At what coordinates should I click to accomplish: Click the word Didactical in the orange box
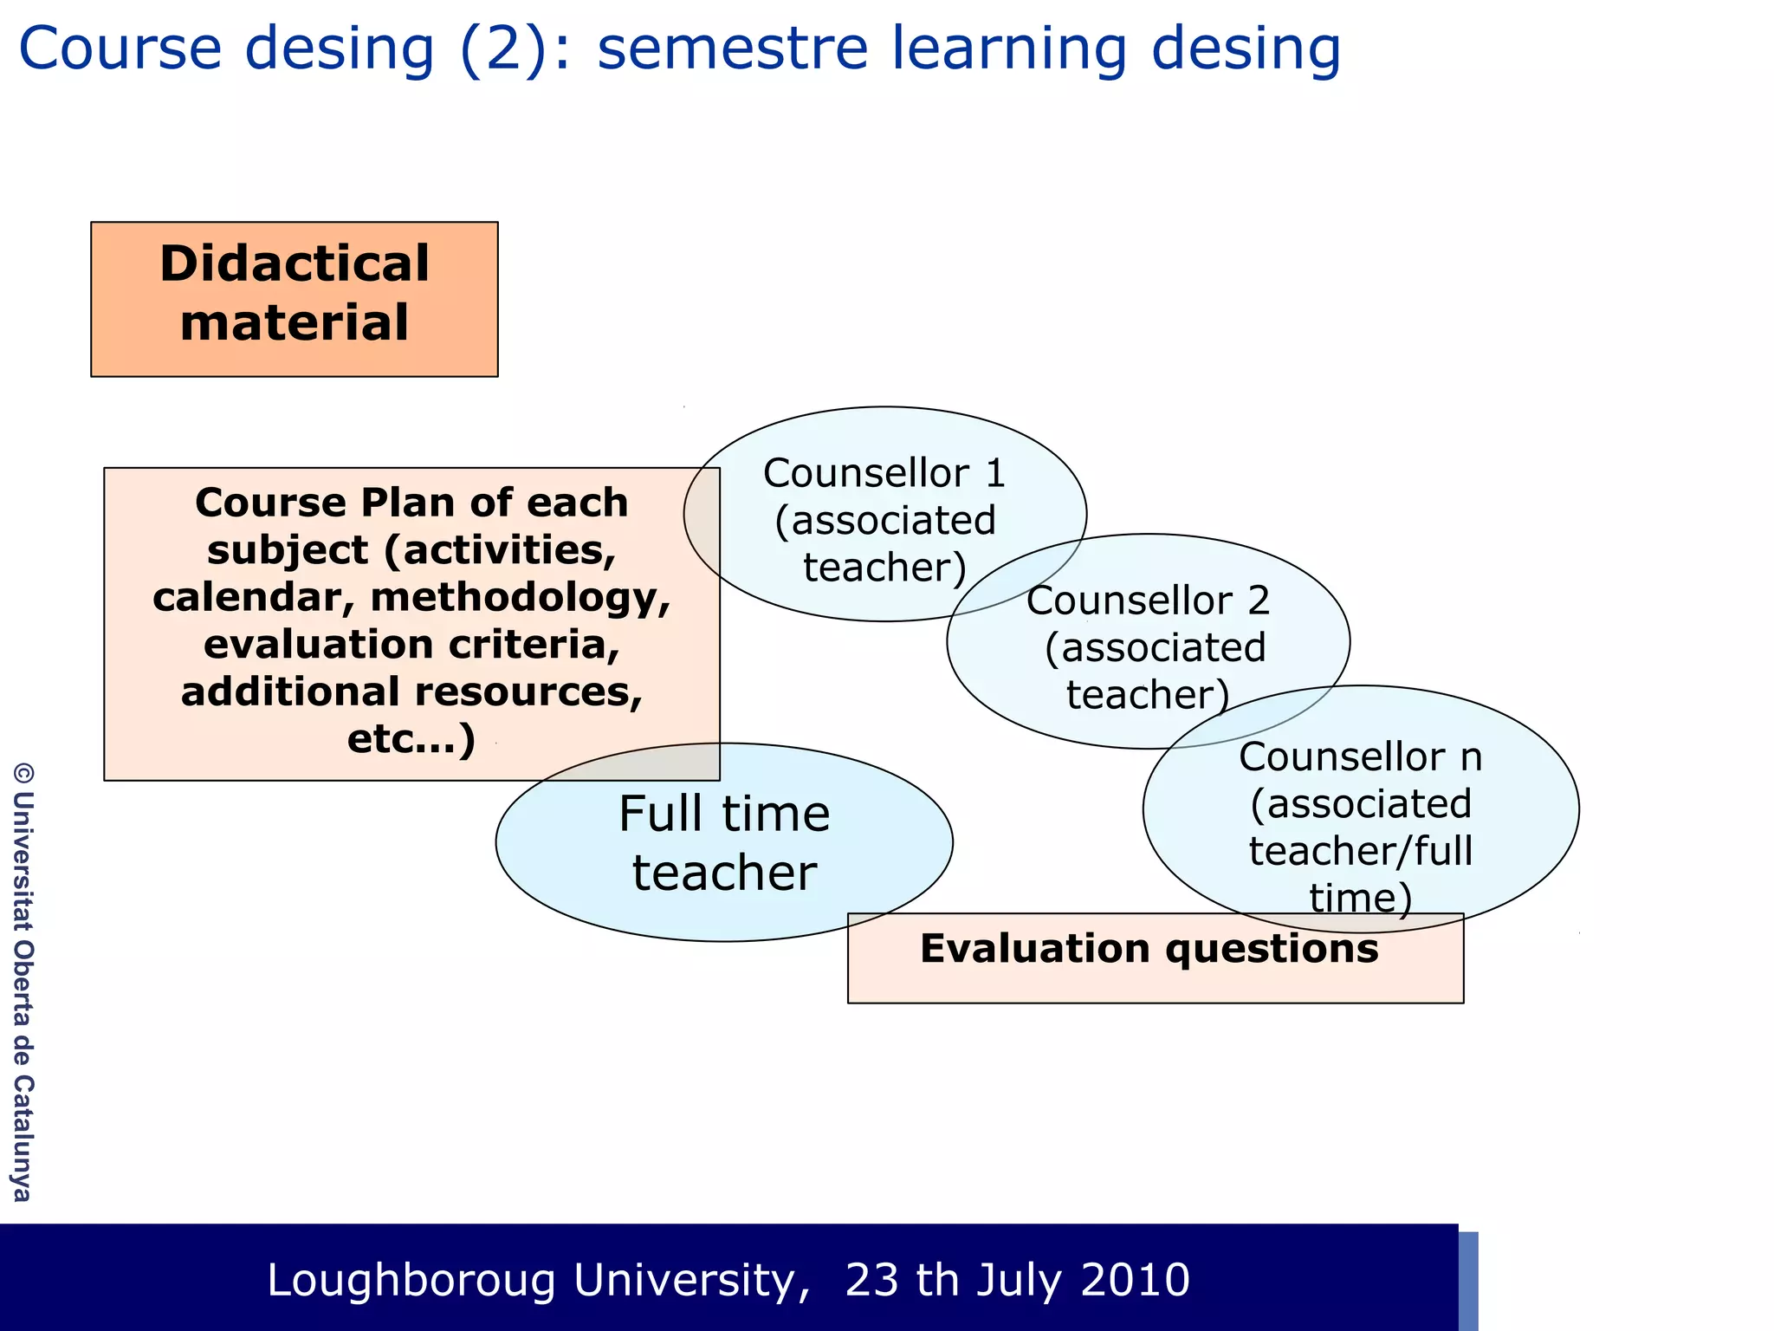pyautogui.click(x=294, y=263)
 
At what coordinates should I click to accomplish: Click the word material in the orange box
pyautogui.click(x=294, y=322)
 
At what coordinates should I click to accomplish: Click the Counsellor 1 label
pyautogui.click(x=884, y=473)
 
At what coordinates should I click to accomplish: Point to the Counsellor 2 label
pyautogui.click(x=1148, y=601)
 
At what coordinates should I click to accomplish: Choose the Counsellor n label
pyautogui.click(x=1360, y=756)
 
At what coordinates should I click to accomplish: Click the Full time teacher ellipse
pyautogui.click(x=724, y=842)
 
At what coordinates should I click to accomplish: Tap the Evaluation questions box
pyautogui.click(x=1155, y=958)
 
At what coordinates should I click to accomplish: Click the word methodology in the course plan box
pyautogui.click(x=520, y=597)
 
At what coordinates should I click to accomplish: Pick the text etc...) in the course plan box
pyautogui.click(x=411, y=739)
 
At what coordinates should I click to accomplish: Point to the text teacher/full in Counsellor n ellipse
pyautogui.click(x=1360, y=850)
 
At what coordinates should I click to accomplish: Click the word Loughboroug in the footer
pyautogui.click(x=411, y=1280)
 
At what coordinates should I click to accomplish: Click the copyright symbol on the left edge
pyautogui.click(x=23, y=773)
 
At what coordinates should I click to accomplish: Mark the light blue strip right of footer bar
pyautogui.click(x=1468, y=1281)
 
